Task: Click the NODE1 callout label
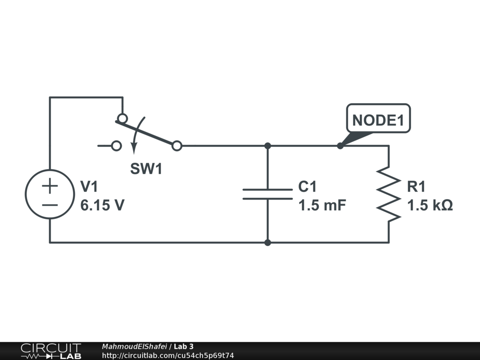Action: pos(378,120)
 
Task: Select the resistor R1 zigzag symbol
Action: pos(389,193)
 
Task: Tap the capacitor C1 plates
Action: pos(268,195)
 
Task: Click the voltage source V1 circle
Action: pos(50,195)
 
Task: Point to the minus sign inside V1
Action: pos(50,204)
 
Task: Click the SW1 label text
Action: pos(146,169)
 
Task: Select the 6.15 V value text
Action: pos(102,206)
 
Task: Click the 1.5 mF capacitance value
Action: pos(322,206)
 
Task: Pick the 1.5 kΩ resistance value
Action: pos(430,206)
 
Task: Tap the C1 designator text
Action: pos(307,187)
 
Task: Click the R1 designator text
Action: pos(416,187)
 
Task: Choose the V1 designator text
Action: pos(89,187)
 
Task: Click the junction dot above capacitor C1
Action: pos(268,146)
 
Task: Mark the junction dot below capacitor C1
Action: pos(268,243)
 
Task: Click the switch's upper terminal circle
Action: pos(122,118)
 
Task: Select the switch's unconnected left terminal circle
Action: pos(116,146)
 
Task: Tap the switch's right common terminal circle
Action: pos(177,146)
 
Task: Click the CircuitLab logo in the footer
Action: pos(51,351)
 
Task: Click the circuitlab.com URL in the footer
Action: pos(167,355)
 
